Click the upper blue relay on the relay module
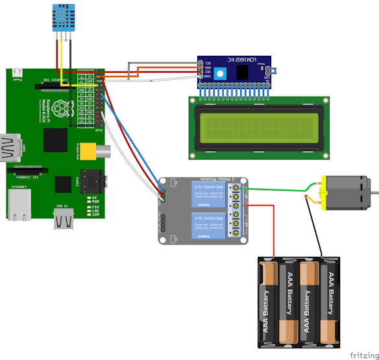click(x=208, y=193)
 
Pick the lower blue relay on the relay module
click(x=208, y=223)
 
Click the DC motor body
click(x=343, y=193)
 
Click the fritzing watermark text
click(x=363, y=355)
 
